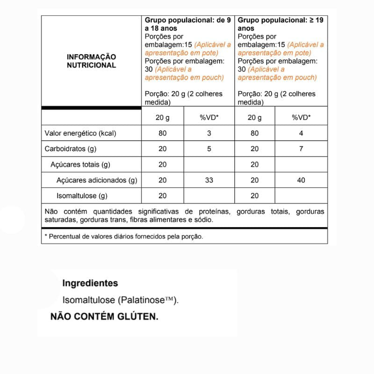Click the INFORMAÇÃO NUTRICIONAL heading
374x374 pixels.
click(91, 61)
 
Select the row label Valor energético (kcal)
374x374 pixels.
click(80, 133)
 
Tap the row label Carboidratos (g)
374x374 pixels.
click(70, 149)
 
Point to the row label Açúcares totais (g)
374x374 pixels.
click(80, 165)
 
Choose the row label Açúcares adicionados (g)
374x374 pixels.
click(97, 180)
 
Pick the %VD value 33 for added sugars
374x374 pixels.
click(209, 180)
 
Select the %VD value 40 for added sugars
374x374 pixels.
click(301, 180)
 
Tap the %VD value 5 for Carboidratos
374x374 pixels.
click(209, 149)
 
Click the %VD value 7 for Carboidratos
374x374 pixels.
click(301, 149)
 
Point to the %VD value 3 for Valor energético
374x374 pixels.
click(209, 133)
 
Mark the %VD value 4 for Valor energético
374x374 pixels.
click(301, 133)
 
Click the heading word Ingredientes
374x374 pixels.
click(90, 283)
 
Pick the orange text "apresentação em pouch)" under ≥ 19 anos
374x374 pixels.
click(277, 78)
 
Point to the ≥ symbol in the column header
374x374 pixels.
click(311, 21)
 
